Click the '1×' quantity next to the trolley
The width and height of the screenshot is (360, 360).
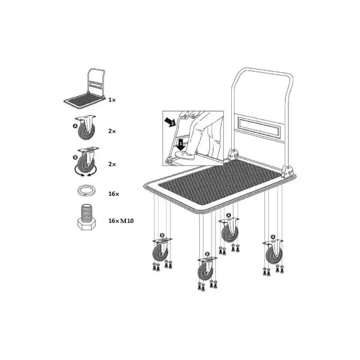[x=112, y=100]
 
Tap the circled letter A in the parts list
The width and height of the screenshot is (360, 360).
[x=75, y=126]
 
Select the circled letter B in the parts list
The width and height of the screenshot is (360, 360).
[x=75, y=157]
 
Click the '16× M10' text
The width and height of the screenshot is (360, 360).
[x=121, y=221]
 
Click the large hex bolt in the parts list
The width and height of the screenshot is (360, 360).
[x=86, y=217]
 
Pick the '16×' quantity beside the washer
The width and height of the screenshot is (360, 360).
[x=114, y=194]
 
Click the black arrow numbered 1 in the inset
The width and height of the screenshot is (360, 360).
[x=181, y=144]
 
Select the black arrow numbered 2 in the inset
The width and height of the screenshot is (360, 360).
[x=171, y=122]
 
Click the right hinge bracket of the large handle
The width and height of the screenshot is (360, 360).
[x=287, y=172]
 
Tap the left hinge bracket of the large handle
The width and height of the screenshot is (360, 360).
[x=233, y=154]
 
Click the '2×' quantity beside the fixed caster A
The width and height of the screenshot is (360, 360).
[x=112, y=131]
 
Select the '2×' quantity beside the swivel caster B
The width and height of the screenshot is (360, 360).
[x=112, y=164]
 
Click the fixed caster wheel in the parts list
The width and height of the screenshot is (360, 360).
[x=85, y=127]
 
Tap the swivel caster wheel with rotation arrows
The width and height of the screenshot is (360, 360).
[x=86, y=162]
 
